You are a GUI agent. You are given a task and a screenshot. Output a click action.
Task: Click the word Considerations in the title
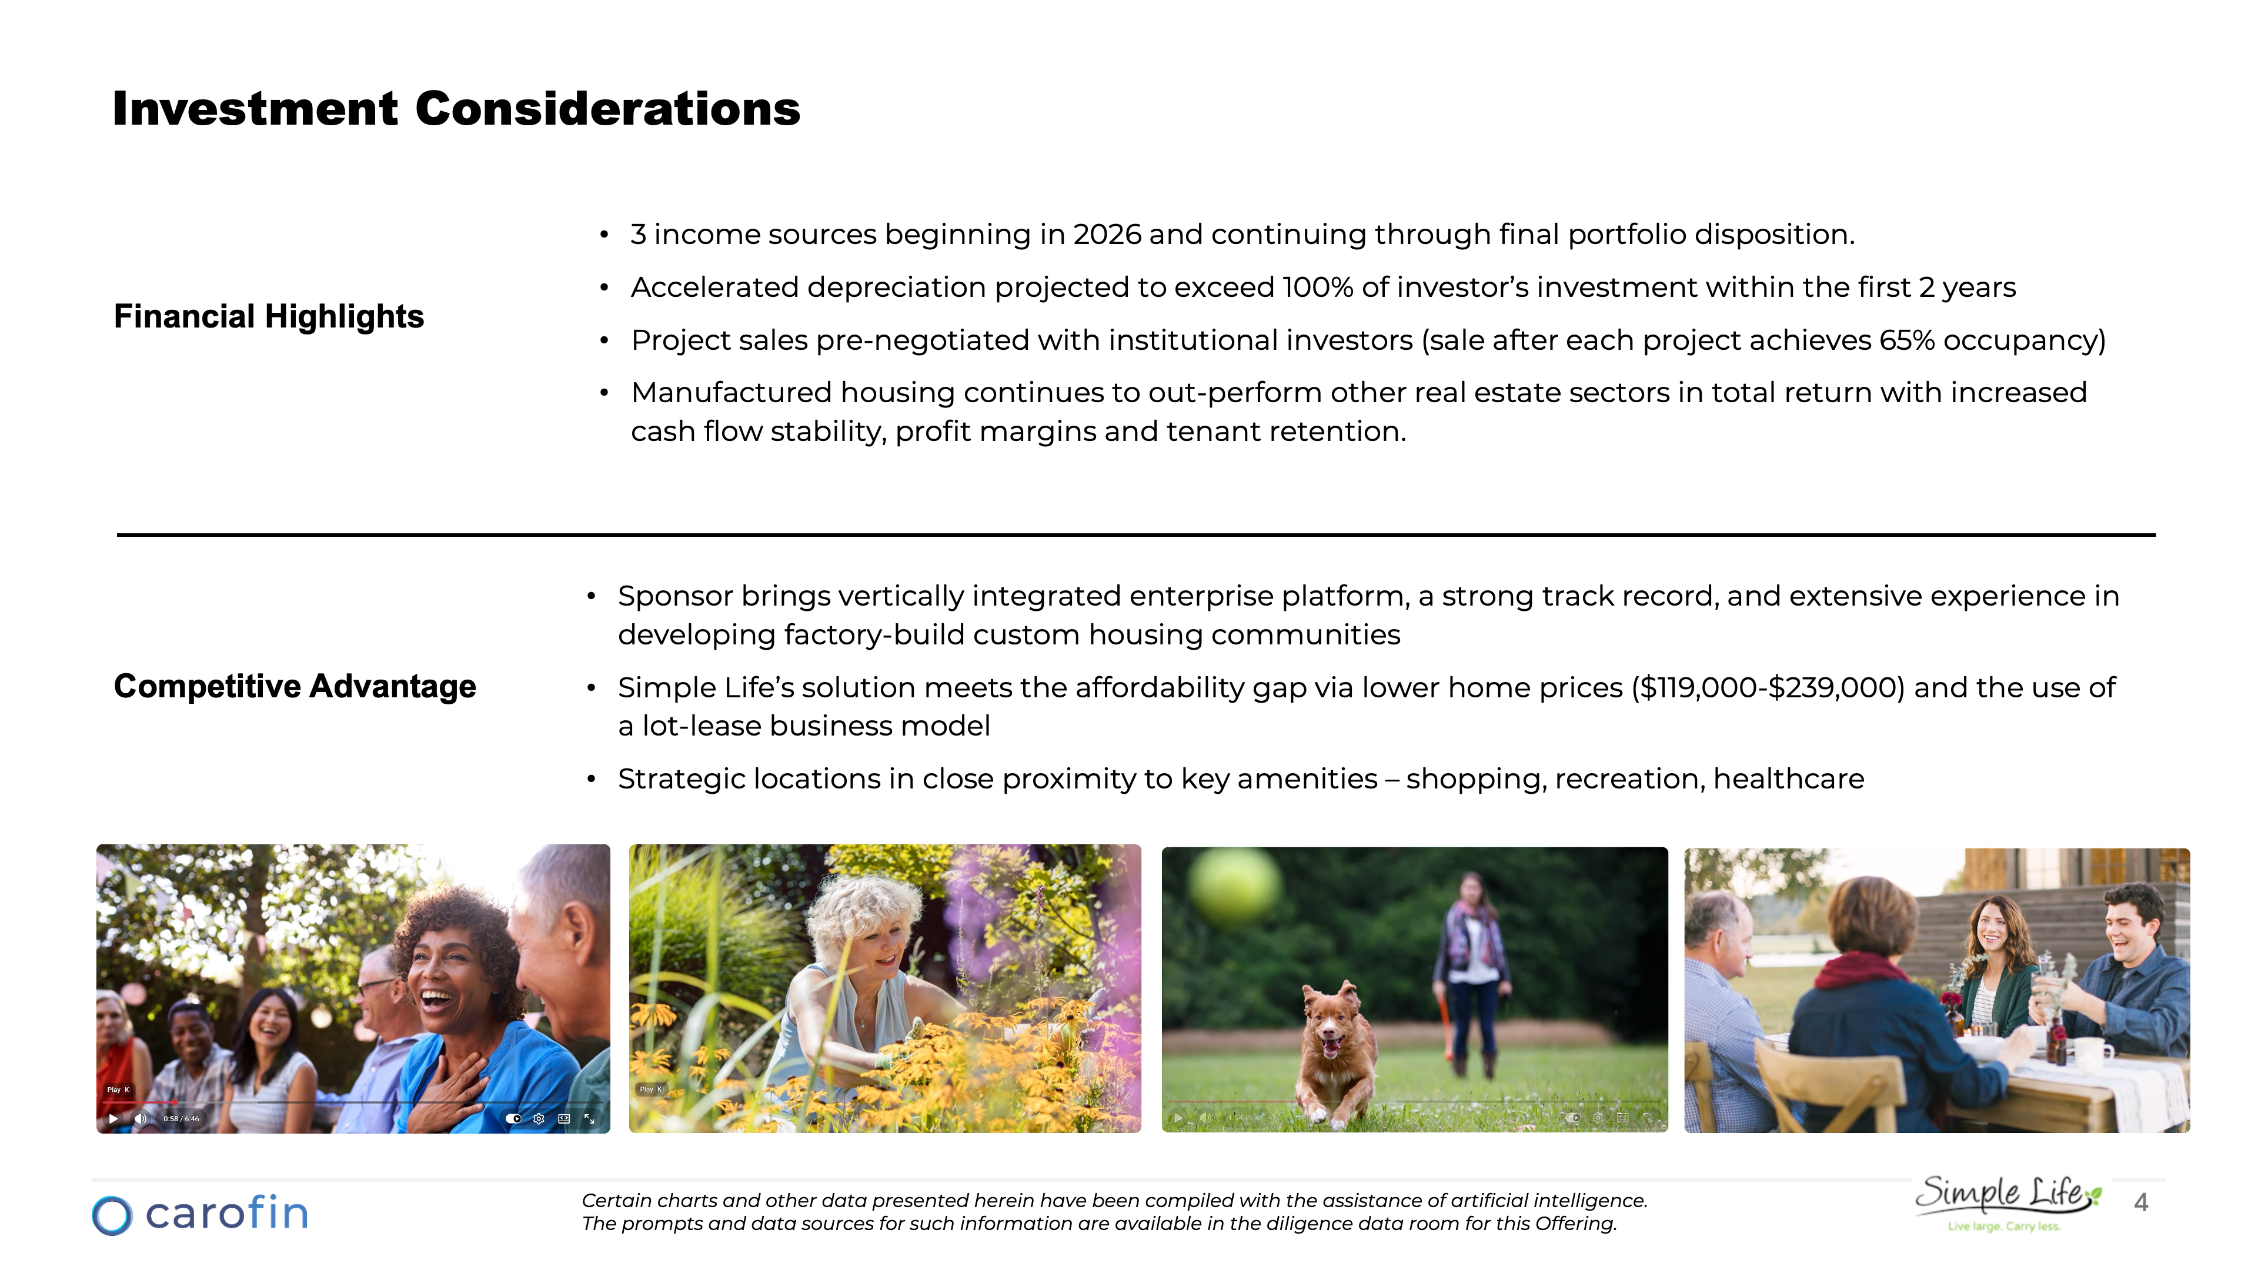click(x=607, y=109)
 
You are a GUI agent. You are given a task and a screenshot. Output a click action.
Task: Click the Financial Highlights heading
click(x=268, y=316)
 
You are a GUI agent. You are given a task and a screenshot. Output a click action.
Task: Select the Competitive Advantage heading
click(x=295, y=686)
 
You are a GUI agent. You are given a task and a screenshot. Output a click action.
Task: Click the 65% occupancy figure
click(x=1906, y=340)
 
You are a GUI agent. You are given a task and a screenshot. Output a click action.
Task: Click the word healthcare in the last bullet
click(x=1788, y=779)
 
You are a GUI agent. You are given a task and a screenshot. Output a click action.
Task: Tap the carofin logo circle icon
click(x=112, y=1216)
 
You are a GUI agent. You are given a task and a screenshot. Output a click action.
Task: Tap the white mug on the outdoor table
click(x=2093, y=1052)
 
